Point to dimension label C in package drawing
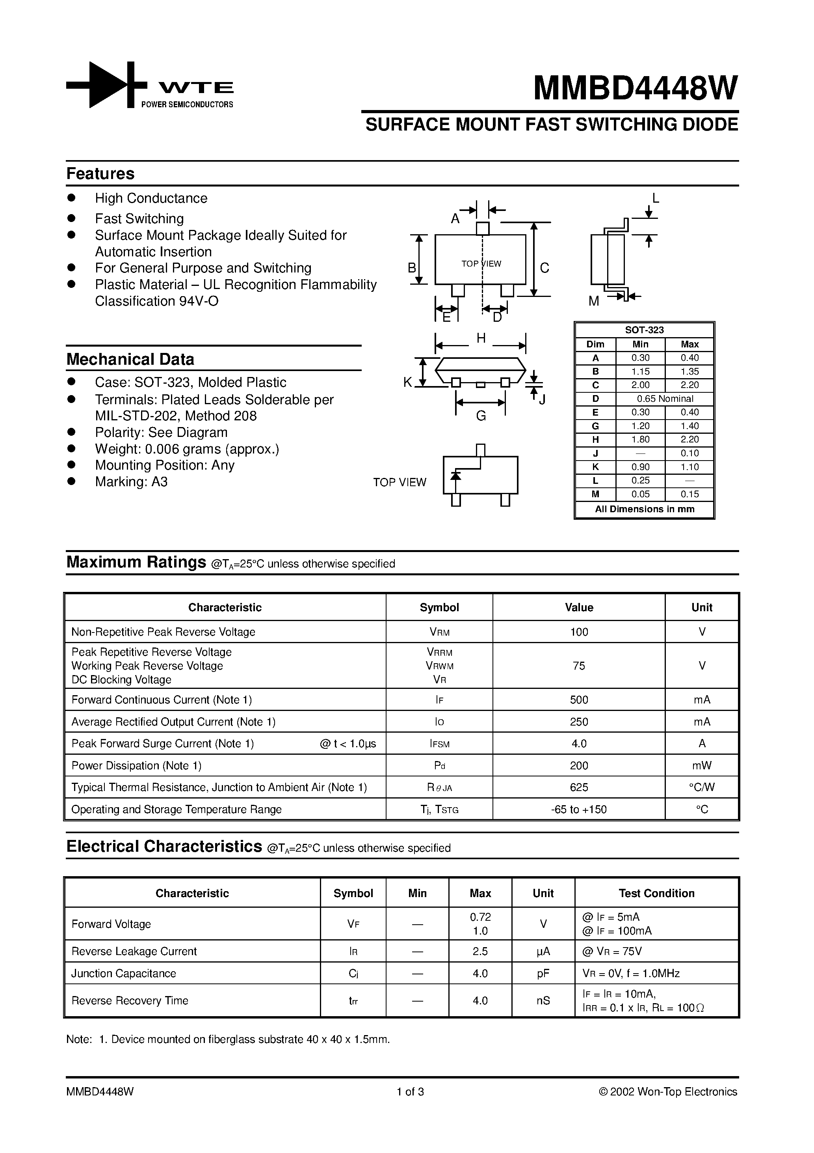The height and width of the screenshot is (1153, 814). pos(545,268)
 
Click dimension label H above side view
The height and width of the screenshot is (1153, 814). pos(481,338)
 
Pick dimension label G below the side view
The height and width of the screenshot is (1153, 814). pos(481,416)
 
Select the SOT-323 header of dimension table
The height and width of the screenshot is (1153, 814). pos(644,330)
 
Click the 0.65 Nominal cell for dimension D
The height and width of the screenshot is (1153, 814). pos(665,399)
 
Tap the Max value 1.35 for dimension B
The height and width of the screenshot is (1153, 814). pos(689,371)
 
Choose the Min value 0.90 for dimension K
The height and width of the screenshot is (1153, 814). pos(640,466)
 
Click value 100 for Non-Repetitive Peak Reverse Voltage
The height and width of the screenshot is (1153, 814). pos(579,632)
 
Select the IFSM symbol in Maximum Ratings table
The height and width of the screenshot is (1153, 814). pos(439,744)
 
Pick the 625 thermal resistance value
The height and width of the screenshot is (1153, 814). pos(579,787)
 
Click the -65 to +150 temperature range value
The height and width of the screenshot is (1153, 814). pos(579,810)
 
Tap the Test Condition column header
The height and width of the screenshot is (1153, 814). pos(656,894)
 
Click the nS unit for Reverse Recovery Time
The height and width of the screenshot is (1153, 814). pos(543,1001)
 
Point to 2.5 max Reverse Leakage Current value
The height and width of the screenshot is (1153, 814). pos(480,952)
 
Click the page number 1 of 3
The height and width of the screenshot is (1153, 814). pos(410,1092)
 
